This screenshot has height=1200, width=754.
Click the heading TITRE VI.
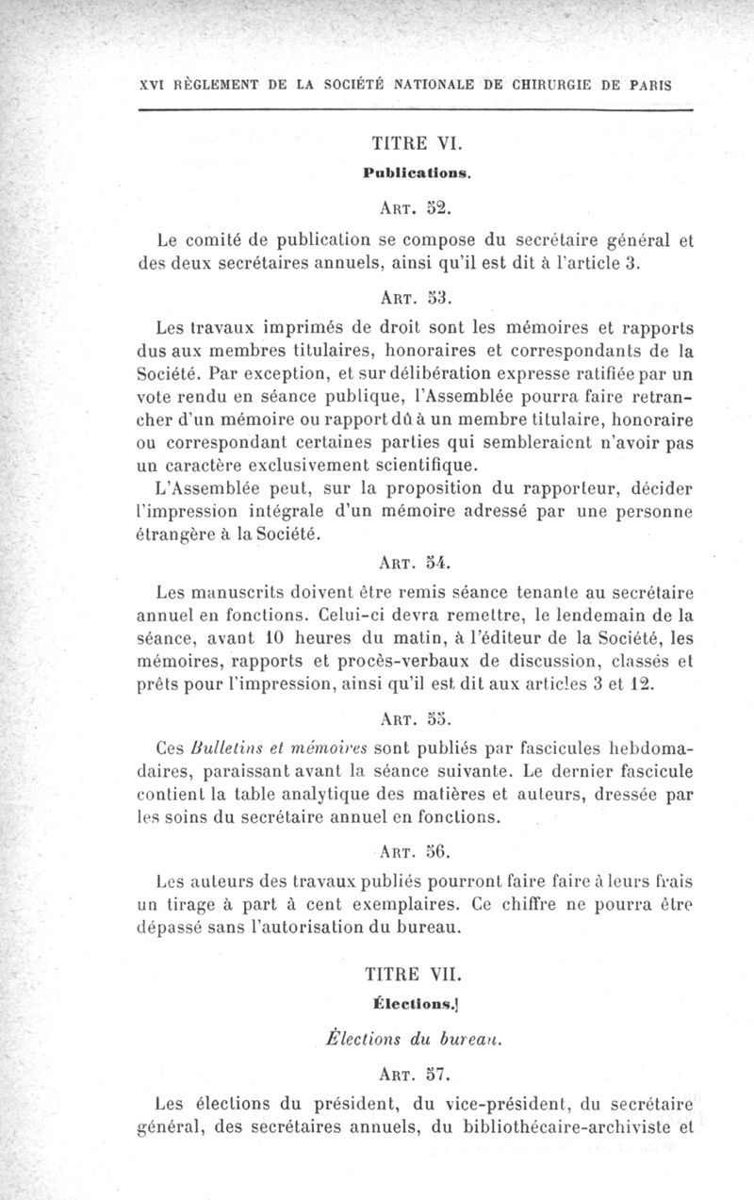[415, 144]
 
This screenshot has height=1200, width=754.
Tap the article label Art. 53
[415, 299]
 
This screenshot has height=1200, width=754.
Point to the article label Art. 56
[415, 854]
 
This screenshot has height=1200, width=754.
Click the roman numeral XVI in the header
[151, 83]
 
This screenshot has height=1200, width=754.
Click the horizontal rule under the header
[415, 111]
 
